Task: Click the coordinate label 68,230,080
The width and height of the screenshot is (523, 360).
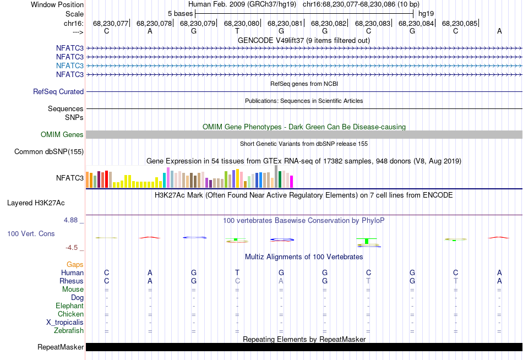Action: pyautogui.click(x=241, y=24)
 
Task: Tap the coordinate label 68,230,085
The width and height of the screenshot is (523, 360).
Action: pyautogui.click(x=459, y=24)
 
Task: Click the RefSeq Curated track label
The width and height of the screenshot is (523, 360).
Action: pyautogui.click(x=58, y=92)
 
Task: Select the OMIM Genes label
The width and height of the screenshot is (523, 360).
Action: pyautogui.click(x=62, y=135)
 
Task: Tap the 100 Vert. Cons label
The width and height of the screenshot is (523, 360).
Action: pyautogui.click(x=31, y=234)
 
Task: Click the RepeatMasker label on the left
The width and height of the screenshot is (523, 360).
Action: pyautogui.click(x=61, y=347)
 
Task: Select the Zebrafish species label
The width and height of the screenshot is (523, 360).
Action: pyautogui.click(x=69, y=331)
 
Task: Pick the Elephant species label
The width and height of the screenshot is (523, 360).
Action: pyautogui.click(x=69, y=306)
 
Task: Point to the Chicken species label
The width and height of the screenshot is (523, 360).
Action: pyautogui.click(x=70, y=314)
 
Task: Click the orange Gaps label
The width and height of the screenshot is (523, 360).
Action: pyautogui.click(x=75, y=265)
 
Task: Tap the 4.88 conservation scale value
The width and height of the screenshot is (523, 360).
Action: pyautogui.click(x=73, y=220)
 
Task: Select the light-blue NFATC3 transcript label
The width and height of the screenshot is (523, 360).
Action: pyautogui.click(x=70, y=66)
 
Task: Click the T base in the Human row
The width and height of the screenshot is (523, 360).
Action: pyautogui.click(x=237, y=272)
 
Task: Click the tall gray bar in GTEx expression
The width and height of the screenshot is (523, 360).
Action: pyautogui.click(x=276, y=177)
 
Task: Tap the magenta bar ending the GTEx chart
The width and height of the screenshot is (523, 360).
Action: pyautogui.click(x=292, y=182)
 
